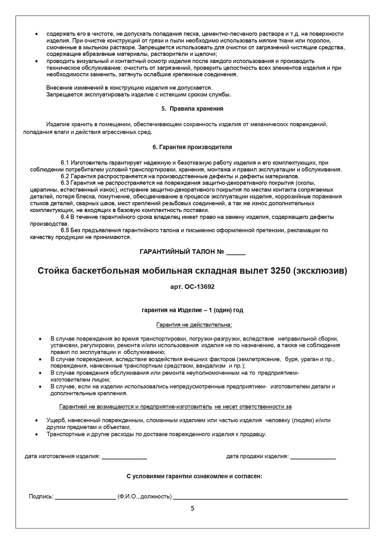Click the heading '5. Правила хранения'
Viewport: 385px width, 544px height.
tap(192, 109)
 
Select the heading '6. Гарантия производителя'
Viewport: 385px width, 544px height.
tap(192, 147)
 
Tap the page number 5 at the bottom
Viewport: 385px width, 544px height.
tap(192, 508)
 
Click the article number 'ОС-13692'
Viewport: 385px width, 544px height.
tap(198, 287)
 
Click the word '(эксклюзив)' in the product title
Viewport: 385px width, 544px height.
tap(320, 271)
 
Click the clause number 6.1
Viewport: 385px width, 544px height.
tap(65, 163)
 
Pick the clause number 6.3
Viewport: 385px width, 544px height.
tap(65, 183)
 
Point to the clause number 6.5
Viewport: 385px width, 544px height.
tap(65, 230)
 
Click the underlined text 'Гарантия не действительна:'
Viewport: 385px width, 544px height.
tap(194, 325)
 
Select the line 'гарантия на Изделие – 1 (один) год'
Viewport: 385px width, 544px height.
tap(192, 310)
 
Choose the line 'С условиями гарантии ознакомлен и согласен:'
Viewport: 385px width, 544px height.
tap(194, 476)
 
